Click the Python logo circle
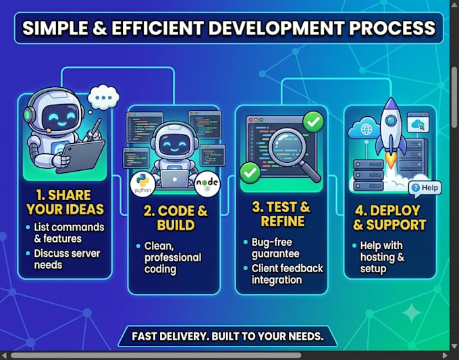(143, 184)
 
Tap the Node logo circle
(207, 184)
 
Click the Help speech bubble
(425, 188)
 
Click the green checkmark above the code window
(313, 122)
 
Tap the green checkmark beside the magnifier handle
(250, 173)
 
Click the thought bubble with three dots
(103, 98)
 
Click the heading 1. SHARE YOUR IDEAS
(65, 202)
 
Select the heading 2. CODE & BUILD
(175, 218)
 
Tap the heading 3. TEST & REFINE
(281, 214)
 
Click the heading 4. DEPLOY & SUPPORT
(389, 217)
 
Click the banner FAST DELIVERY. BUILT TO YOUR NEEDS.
(227, 336)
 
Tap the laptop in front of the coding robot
(174, 179)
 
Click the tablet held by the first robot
(80, 157)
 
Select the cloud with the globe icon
(364, 128)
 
